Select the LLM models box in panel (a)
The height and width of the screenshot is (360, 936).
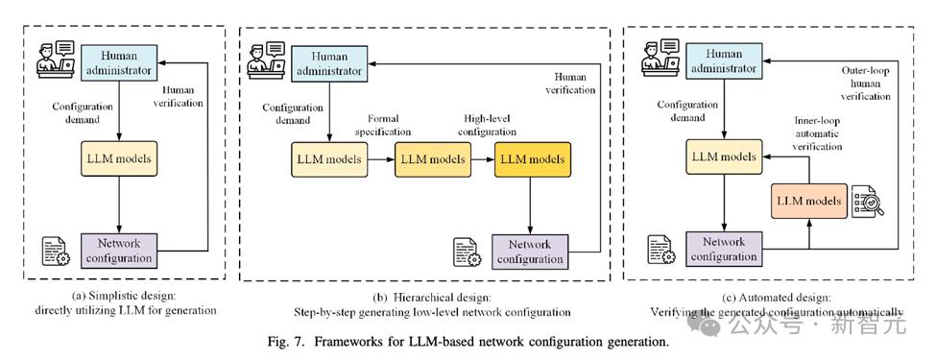coord(119,158)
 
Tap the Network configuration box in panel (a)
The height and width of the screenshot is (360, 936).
coord(119,251)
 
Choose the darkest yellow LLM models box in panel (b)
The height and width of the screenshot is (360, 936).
coord(533,159)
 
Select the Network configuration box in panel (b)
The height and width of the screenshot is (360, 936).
coord(530,252)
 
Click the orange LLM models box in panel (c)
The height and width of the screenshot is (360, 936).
coord(809,201)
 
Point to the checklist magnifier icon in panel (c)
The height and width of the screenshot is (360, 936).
coord(867,201)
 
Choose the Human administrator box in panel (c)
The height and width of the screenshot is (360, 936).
coord(724,60)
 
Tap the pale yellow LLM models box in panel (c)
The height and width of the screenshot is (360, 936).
coord(724,157)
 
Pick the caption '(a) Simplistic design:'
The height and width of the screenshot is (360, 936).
coord(125,296)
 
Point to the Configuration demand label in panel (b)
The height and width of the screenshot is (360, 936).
coord(293,114)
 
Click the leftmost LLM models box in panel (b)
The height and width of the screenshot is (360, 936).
coord(329,159)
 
